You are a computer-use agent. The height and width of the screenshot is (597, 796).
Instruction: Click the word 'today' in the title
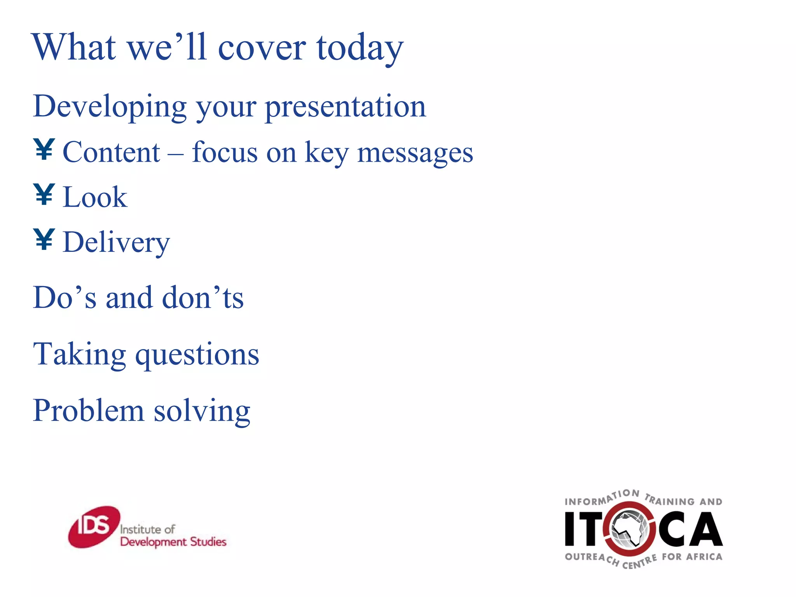[360, 48]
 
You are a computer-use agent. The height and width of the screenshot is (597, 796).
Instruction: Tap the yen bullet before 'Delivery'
[44, 239]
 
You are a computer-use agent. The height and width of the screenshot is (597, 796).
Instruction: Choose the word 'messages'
[415, 153]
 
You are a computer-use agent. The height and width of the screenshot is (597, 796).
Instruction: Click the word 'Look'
[95, 197]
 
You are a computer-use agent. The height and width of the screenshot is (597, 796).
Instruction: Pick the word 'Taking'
[80, 354]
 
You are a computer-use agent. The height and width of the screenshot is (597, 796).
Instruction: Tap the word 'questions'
[197, 356]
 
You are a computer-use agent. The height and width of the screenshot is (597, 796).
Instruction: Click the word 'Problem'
[88, 411]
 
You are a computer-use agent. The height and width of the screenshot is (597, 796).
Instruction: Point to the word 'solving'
[202, 412]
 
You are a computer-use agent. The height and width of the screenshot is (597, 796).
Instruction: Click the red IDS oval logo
[94, 527]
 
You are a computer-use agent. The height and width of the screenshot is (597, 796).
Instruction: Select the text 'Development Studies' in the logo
[173, 542]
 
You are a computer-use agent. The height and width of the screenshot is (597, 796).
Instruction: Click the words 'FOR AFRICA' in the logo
[692, 557]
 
